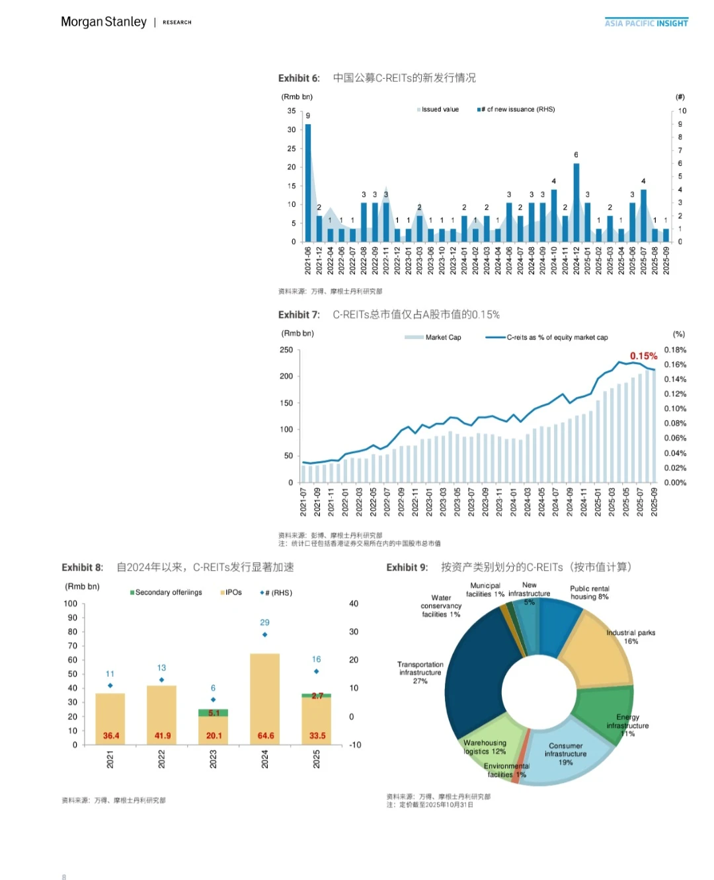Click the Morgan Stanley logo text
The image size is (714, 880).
pyautogui.click(x=104, y=22)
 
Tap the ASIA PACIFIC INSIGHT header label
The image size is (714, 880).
pyautogui.click(x=646, y=23)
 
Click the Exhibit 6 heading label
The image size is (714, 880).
pyautogui.click(x=299, y=78)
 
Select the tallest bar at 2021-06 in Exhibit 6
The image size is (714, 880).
pyautogui.click(x=308, y=182)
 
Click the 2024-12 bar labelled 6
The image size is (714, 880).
pyautogui.click(x=576, y=202)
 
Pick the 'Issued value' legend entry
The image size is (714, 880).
pyautogui.click(x=439, y=110)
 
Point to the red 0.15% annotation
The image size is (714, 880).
pyautogui.click(x=643, y=356)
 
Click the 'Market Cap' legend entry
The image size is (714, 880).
pyautogui.click(x=442, y=338)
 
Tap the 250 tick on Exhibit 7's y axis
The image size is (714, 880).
pyautogui.click(x=286, y=350)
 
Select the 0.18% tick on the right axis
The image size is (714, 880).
pyautogui.click(x=675, y=350)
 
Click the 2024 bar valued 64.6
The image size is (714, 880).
pyautogui.click(x=265, y=699)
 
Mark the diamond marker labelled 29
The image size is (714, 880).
pyautogui.click(x=265, y=635)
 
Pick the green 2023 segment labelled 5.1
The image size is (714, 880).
pyautogui.click(x=214, y=713)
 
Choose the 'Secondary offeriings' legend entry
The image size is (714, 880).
pyautogui.click(x=168, y=593)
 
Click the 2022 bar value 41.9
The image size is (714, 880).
pyautogui.click(x=163, y=735)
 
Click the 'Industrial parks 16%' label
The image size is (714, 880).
pyautogui.click(x=631, y=637)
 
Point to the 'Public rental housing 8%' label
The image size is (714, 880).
pyautogui.click(x=589, y=593)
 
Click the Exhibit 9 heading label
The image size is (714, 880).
pyautogui.click(x=407, y=568)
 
